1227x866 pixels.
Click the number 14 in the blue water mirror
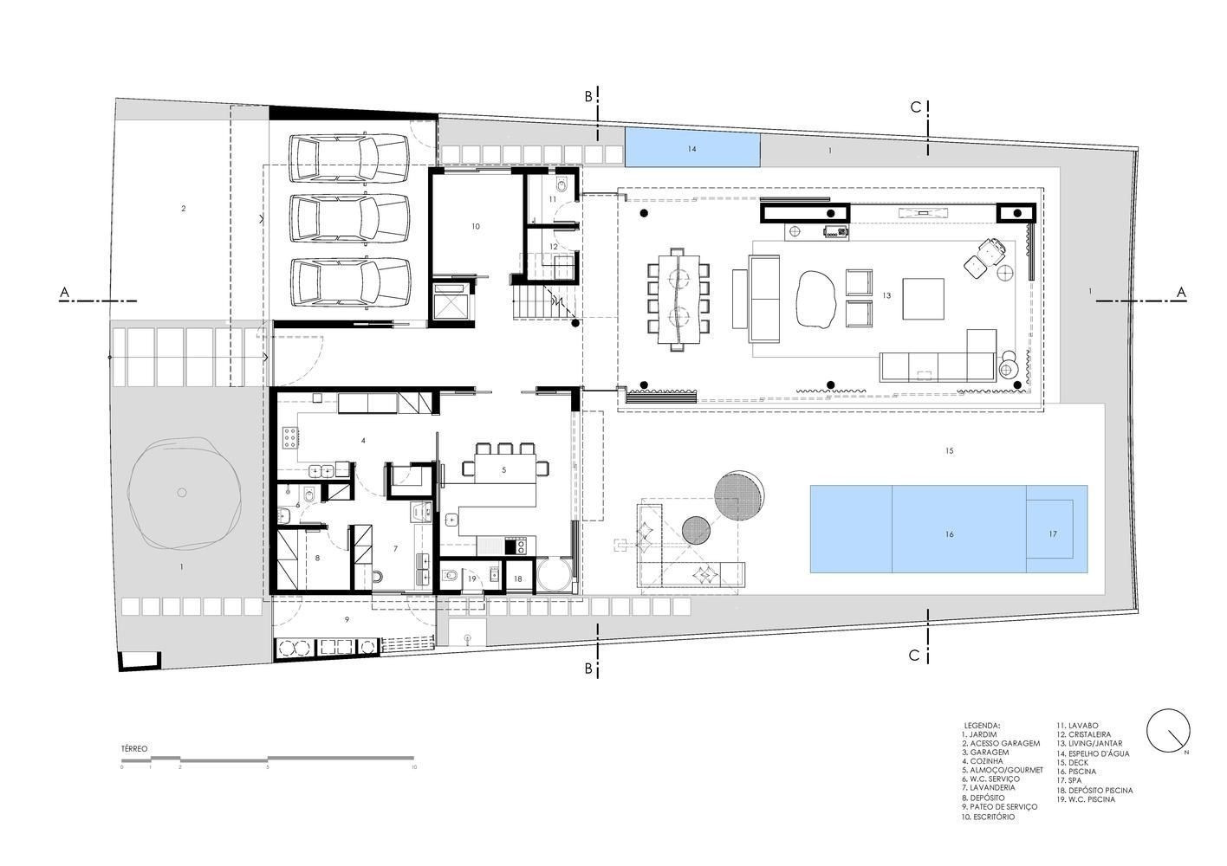(x=691, y=149)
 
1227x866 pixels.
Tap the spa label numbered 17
(x=1053, y=534)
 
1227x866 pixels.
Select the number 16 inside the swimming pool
(x=949, y=534)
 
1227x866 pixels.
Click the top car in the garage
(x=351, y=158)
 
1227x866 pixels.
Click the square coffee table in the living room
(x=924, y=299)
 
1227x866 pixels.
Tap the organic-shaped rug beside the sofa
(x=815, y=300)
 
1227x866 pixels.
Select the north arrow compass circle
(x=1168, y=732)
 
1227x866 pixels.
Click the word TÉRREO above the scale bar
(x=134, y=748)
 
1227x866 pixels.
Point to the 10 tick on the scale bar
(x=414, y=767)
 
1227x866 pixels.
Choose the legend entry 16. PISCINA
(x=1075, y=772)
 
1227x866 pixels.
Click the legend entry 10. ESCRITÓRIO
(x=987, y=817)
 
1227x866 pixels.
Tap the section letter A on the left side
(x=64, y=294)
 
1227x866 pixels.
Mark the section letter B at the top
(x=588, y=96)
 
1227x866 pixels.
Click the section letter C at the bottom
(x=913, y=656)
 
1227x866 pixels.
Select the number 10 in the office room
(x=475, y=226)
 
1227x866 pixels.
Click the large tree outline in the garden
(x=182, y=493)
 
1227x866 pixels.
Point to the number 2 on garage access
(x=184, y=209)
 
